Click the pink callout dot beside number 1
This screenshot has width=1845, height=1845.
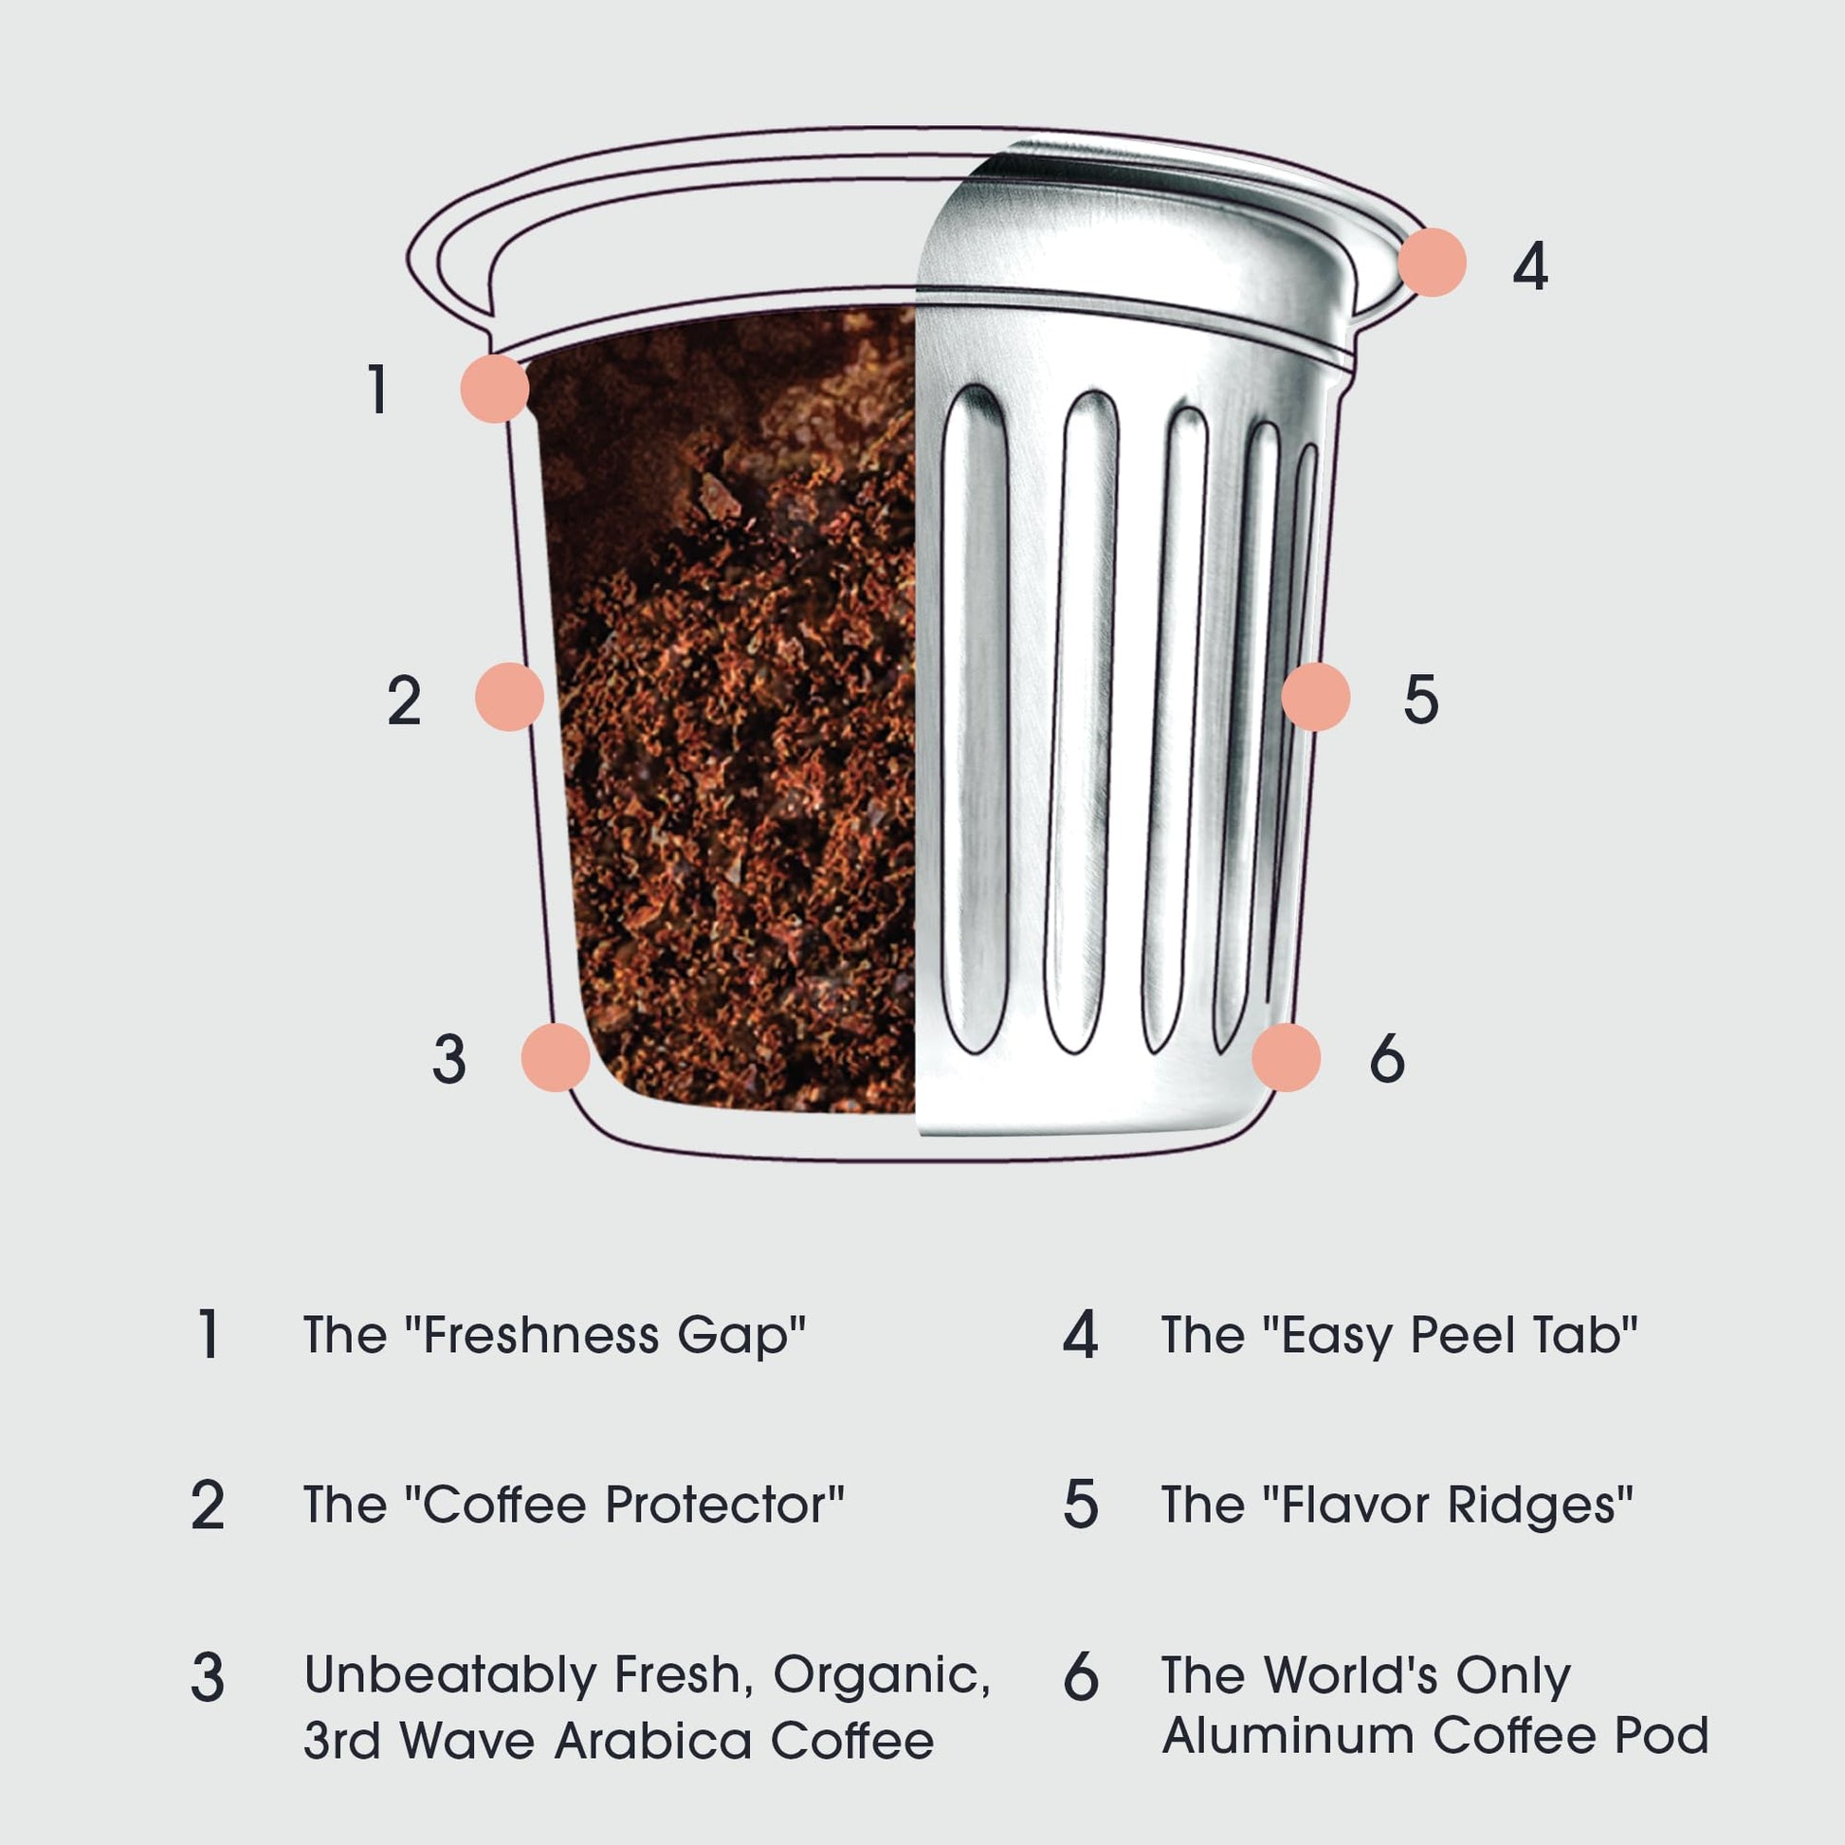(x=495, y=388)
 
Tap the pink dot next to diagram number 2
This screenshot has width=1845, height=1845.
(x=509, y=696)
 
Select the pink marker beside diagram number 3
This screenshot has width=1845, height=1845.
(x=555, y=1057)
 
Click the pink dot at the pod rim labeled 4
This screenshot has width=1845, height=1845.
(x=1432, y=262)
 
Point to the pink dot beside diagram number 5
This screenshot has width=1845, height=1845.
(x=1315, y=696)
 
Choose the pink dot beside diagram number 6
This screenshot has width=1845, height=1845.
(x=1286, y=1057)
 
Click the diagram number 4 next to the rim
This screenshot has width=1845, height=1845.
(x=1530, y=265)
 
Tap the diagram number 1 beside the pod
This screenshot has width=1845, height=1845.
(x=378, y=389)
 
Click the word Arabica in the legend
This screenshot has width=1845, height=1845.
(x=653, y=1741)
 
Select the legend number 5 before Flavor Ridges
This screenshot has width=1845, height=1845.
(x=1080, y=1505)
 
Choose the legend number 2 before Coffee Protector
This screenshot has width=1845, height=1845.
(x=208, y=1505)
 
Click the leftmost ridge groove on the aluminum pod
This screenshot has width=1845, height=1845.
(x=975, y=718)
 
